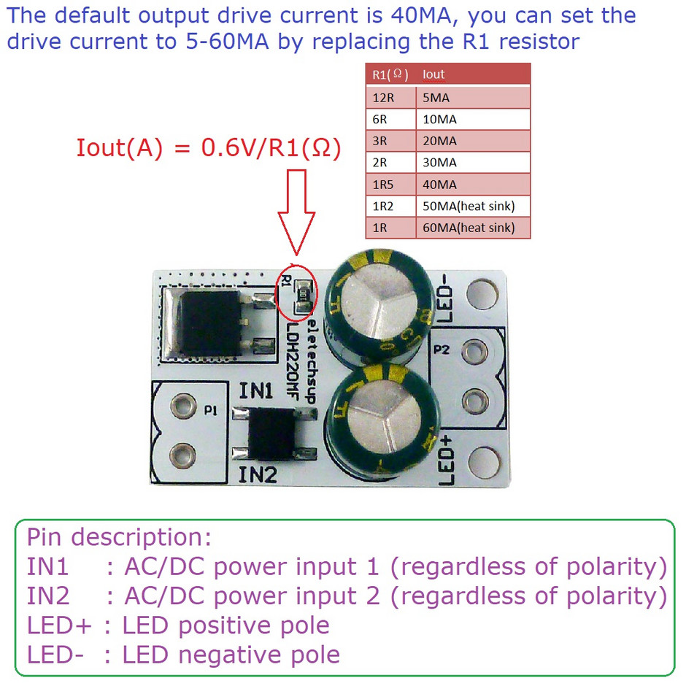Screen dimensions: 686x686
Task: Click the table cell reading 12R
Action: (390, 97)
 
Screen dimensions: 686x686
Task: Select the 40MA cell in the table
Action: (472, 184)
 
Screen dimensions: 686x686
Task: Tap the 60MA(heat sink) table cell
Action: (472, 228)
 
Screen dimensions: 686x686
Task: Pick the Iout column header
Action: (472, 74)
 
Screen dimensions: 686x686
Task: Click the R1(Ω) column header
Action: (390, 74)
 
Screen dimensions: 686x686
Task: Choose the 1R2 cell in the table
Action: (390, 206)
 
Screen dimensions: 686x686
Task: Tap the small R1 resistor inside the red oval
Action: (301, 293)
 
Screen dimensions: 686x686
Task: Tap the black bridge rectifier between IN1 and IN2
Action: (274, 433)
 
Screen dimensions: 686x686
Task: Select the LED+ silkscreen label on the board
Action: (447, 460)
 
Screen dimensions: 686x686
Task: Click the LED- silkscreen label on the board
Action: (447, 299)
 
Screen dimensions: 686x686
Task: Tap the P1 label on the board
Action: (211, 411)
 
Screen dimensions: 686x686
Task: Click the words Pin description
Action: (119, 537)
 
